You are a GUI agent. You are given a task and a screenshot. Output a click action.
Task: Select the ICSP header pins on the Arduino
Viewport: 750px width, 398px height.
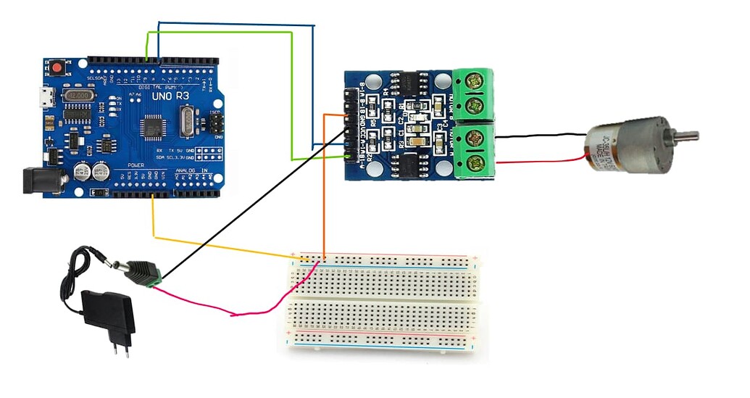pyautogui.click(x=215, y=124)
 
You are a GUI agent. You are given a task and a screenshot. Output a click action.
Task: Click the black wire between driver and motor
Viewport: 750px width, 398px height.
pyautogui.click(x=540, y=136)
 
